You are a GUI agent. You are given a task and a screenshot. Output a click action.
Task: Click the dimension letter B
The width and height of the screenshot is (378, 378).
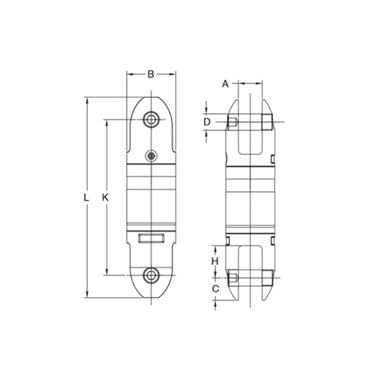151,74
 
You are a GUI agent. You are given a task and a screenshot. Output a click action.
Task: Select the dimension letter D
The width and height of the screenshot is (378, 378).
206,121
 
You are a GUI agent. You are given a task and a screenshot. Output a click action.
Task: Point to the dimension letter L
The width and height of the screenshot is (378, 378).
85,197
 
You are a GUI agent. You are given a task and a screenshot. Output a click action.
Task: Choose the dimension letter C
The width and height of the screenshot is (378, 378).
215,289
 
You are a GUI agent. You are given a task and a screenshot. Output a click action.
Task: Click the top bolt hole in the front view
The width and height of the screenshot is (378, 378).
151,119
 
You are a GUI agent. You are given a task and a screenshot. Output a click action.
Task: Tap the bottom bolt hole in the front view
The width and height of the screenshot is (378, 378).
151,275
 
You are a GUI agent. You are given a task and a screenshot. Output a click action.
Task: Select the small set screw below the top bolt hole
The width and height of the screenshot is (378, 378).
151,156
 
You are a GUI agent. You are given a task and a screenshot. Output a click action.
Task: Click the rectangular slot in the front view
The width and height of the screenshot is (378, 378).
151,238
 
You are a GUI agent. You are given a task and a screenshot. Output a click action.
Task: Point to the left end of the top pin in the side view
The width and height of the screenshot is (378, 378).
232,122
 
